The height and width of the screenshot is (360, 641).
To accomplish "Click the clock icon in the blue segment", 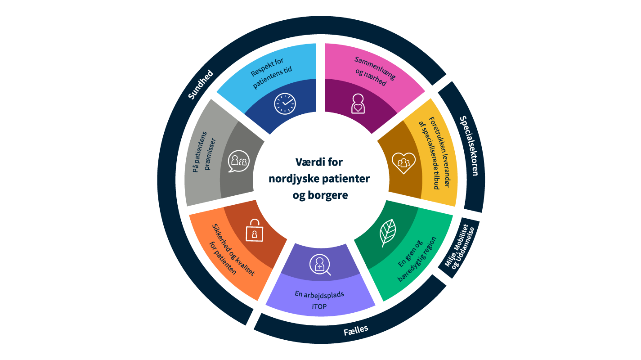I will (284, 103).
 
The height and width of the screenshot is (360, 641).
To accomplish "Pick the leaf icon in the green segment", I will (387, 232).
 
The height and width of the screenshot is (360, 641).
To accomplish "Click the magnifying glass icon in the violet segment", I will (320, 265).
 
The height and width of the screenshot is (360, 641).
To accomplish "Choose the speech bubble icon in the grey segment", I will (238, 161).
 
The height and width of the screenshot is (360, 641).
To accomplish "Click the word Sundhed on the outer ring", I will (200, 85).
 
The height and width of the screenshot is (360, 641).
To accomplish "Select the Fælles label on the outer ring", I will (356, 330).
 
